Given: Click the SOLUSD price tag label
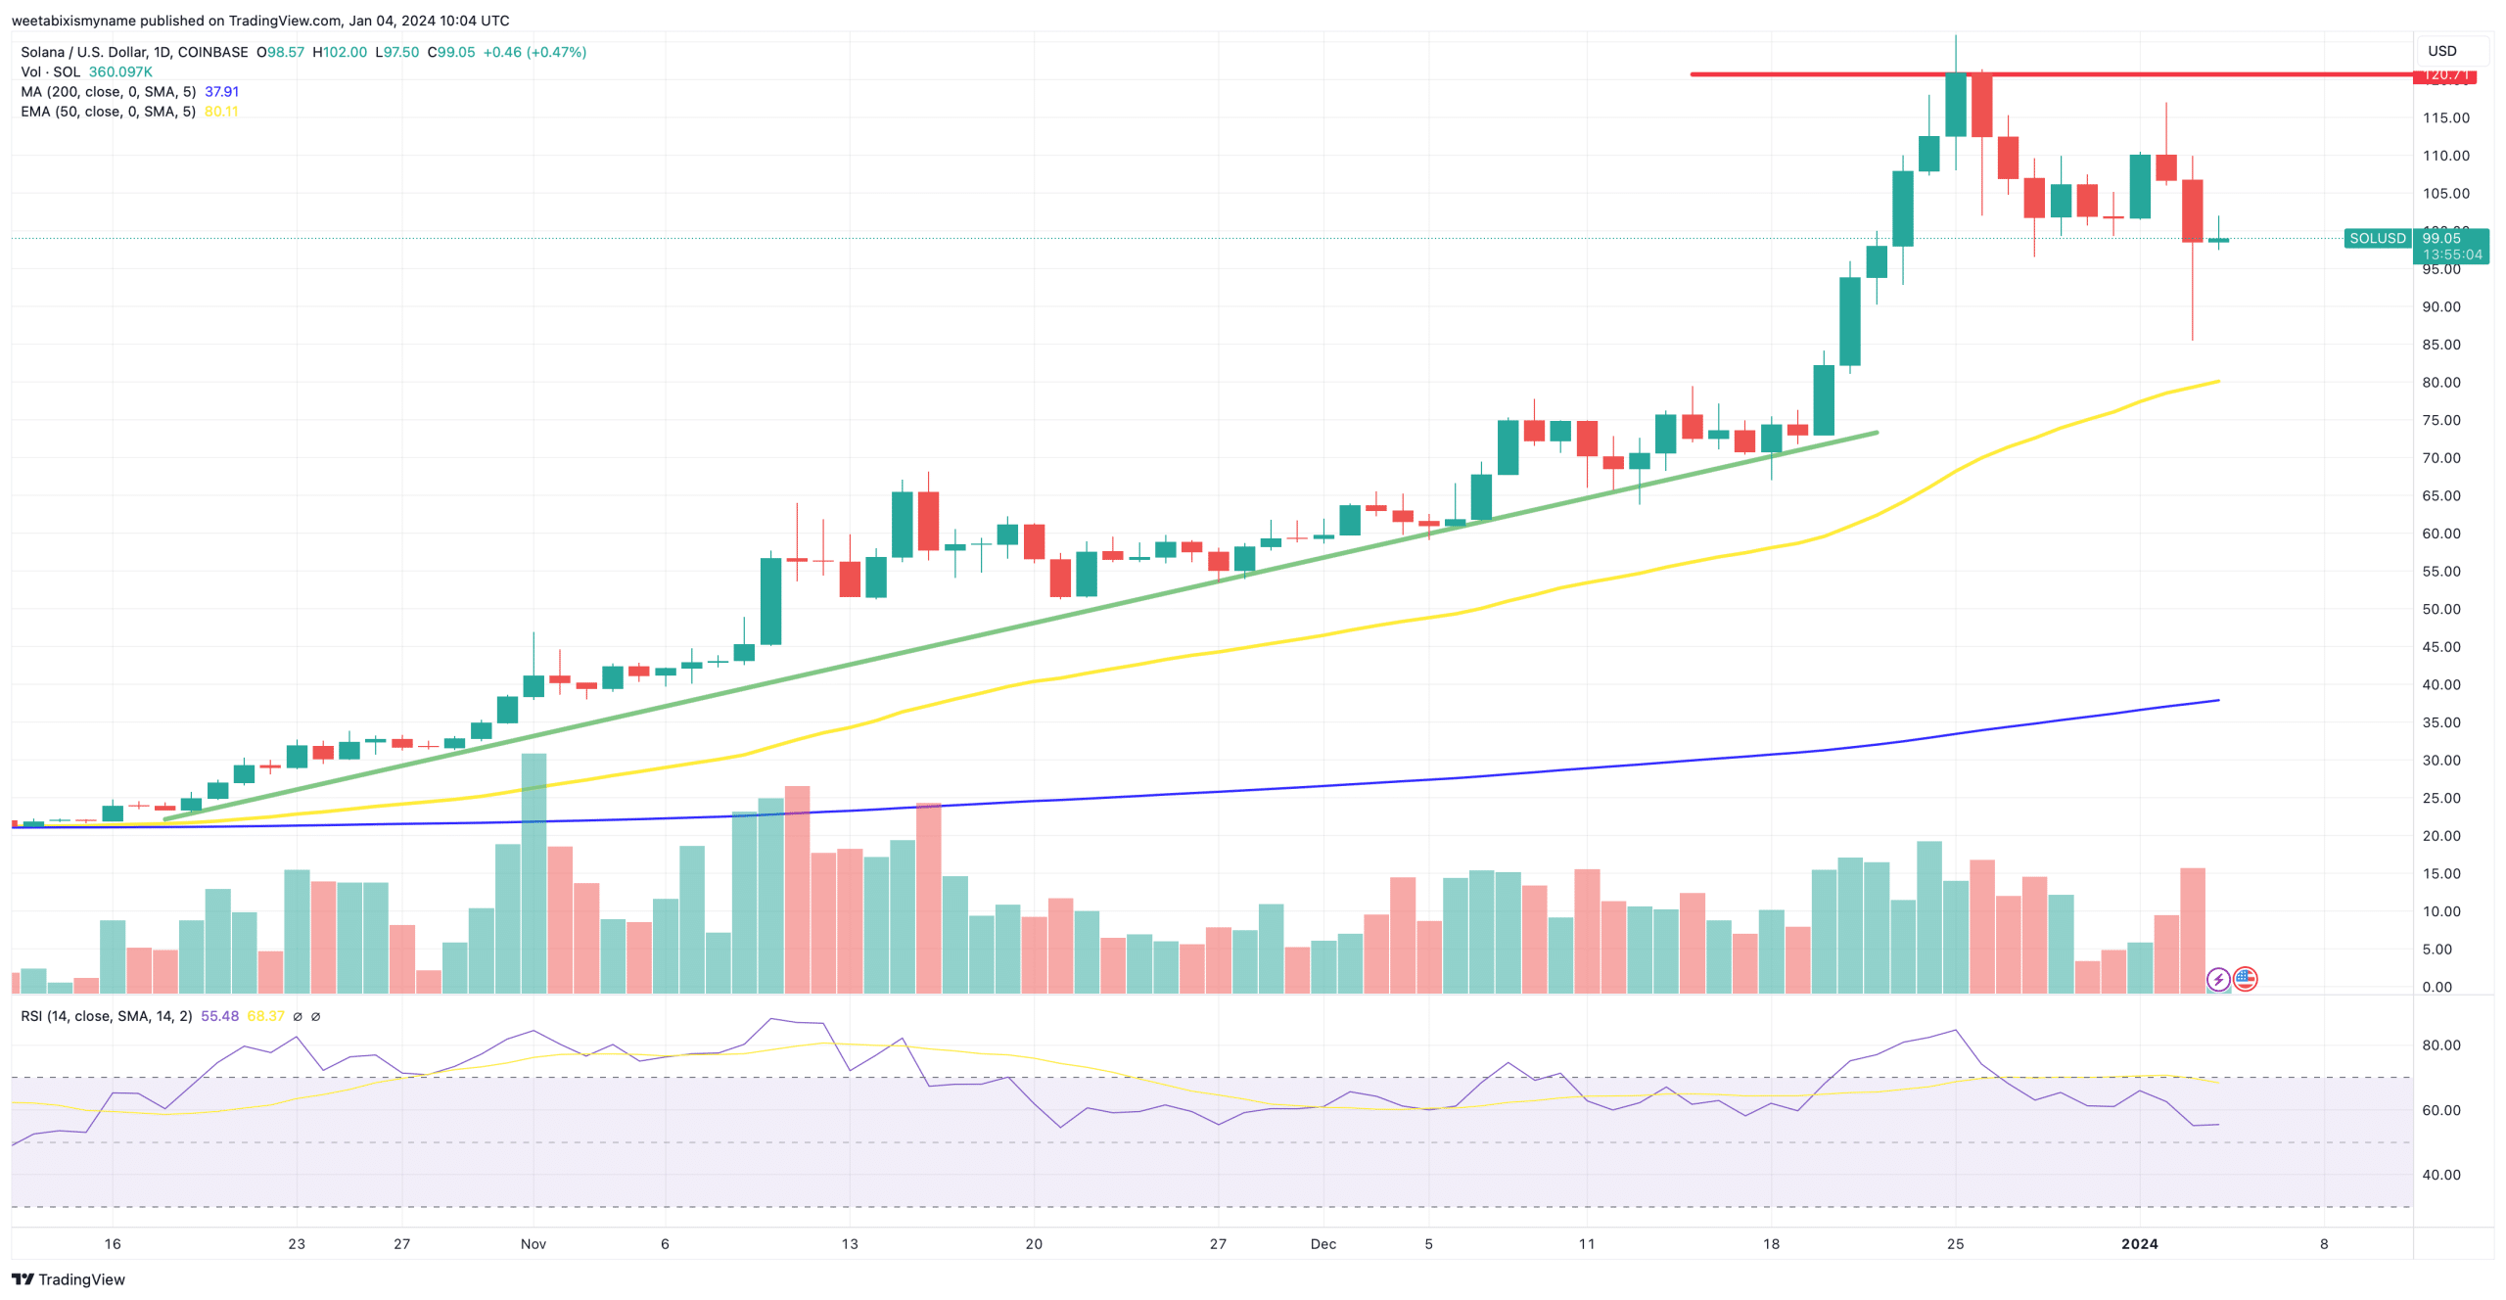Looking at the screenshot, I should [x=2376, y=238].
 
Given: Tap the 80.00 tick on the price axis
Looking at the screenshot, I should [x=2440, y=383].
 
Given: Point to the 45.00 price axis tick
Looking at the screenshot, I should [x=2440, y=647].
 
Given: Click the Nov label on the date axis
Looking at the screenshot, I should [x=533, y=1243].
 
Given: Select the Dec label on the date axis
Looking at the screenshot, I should [x=1323, y=1243].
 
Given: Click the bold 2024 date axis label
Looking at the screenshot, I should [x=2139, y=1243].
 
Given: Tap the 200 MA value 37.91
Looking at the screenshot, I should [x=221, y=92].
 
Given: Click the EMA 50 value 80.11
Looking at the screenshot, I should [x=221, y=112].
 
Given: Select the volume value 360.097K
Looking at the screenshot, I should [x=120, y=72].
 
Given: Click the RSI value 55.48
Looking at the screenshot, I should [x=219, y=1016].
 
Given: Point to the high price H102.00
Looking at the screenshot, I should [x=340, y=52].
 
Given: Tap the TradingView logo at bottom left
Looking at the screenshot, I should [x=69, y=1279].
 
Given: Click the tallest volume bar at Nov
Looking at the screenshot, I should [x=534, y=871].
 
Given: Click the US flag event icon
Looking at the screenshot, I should [x=2245, y=979].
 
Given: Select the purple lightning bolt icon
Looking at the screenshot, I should [x=2218, y=979].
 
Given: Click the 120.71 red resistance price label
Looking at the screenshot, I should [x=2444, y=74].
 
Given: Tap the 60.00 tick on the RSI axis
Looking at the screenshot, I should [x=2440, y=1110].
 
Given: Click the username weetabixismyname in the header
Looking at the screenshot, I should [x=73, y=21].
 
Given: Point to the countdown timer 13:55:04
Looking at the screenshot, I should [x=2452, y=255].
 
